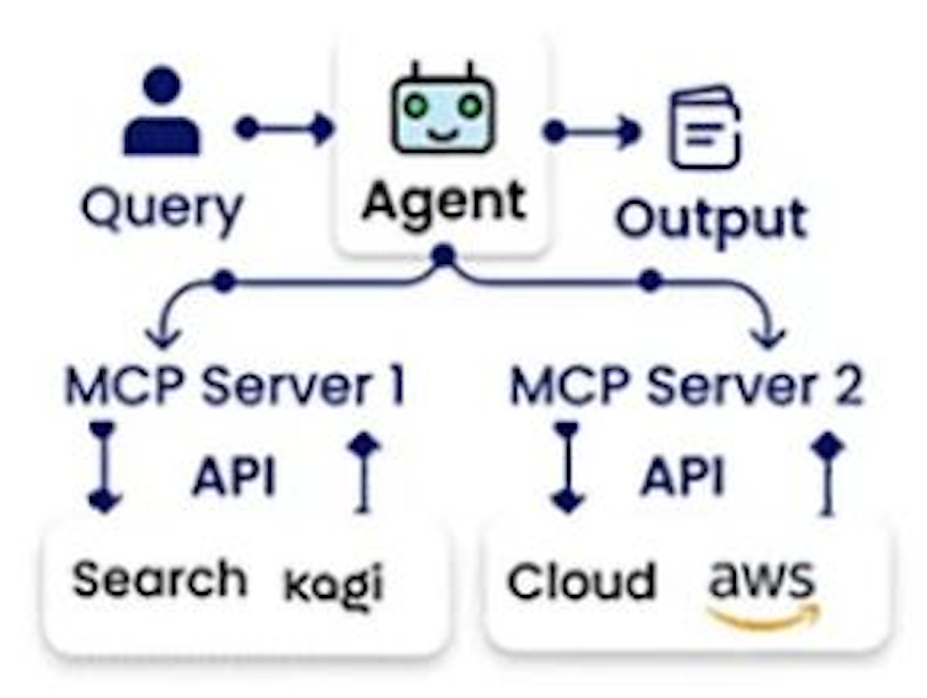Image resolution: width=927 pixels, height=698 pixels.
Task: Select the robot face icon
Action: click(x=444, y=110)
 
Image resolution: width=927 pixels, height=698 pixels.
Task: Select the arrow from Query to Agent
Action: click(x=284, y=128)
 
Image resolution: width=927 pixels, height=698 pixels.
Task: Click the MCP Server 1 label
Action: click(x=235, y=386)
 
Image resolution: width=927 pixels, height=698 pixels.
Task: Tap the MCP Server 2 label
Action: click(x=685, y=386)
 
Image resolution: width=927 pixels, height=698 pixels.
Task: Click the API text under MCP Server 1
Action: click(x=234, y=477)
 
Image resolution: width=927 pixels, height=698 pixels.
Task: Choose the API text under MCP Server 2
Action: click(x=683, y=477)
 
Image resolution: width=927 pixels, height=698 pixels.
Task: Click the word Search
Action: click(x=159, y=579)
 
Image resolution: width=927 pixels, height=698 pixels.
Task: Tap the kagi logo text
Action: click(x=333, y=584)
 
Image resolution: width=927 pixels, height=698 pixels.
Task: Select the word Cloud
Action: click(x=581, y=582)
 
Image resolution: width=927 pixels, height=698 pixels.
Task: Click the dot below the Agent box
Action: click(x=443, y=257)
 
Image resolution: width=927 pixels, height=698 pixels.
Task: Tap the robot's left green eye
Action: click(x=414, y=105)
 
